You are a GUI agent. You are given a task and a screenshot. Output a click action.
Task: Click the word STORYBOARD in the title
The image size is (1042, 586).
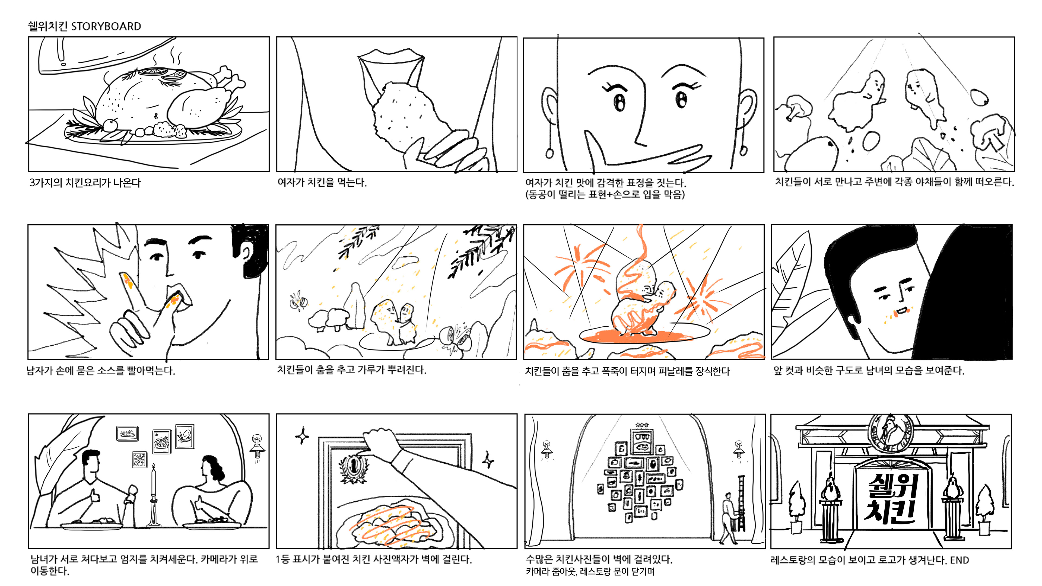[106, 26]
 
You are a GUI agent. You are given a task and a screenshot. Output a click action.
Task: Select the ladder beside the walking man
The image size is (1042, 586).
[741, 504]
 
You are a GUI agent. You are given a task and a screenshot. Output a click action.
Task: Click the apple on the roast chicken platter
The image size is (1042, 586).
[110, 125]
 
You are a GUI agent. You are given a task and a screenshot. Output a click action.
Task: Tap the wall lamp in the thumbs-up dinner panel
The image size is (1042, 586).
[257, 447]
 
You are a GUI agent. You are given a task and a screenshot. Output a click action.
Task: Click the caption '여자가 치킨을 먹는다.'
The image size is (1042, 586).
[322, 182]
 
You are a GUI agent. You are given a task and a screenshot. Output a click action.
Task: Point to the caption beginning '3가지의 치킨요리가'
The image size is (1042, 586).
[85, 183]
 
